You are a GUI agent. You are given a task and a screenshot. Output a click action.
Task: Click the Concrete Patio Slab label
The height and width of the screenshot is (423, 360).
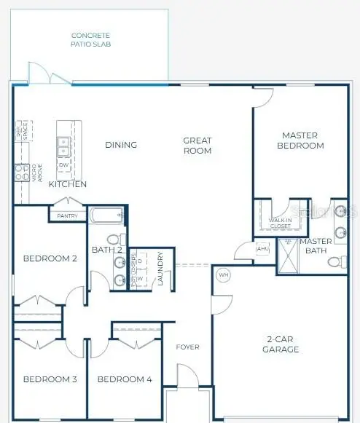click(x=91, y=39)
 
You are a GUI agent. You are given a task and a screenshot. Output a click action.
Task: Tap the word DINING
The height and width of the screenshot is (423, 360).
click(x=121, y=145)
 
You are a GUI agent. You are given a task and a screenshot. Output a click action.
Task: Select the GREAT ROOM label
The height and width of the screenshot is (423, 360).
click(x=197, y=146)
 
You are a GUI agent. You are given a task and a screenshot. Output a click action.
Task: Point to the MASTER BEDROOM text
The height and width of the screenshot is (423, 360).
click(x=302, y=141)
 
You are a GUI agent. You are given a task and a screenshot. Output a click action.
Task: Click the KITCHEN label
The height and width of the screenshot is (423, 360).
click(x=68, y=184)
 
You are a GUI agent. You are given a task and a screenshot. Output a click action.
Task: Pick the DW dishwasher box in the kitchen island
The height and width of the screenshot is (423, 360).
click(x=63, y=165)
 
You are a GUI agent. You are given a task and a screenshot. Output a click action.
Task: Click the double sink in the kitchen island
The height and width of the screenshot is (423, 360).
click(x=63, y=146)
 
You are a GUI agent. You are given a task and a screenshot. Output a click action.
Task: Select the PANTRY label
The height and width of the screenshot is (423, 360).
click(x=67, y=216)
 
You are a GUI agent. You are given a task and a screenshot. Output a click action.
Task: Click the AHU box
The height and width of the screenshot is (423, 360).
click(x=263, y=249)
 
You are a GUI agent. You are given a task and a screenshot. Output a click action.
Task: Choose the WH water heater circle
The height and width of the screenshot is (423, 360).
click(x=224, y=275)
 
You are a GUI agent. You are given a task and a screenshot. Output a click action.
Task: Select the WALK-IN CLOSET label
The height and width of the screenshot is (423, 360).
click(x=281, y=221)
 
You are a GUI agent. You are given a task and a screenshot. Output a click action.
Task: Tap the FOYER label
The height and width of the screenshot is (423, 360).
click(x=187, y=347)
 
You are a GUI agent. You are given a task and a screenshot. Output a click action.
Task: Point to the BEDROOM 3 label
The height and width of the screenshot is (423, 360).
click(x=50, y=379)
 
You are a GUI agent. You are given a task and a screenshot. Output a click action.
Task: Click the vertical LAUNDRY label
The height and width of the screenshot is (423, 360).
click(x=160, y=269)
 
